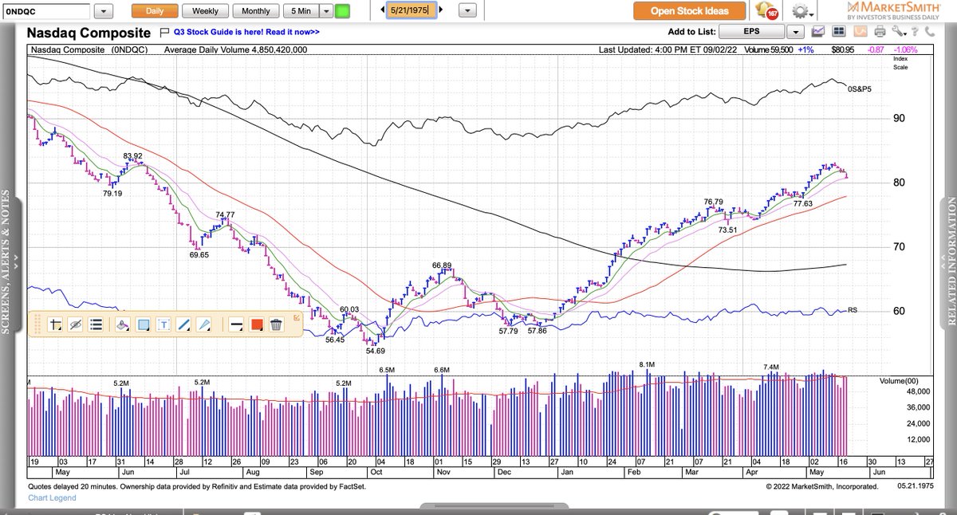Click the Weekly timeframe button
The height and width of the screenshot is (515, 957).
(x=205, y=11)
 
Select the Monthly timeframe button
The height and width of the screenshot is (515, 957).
(x=255, y=11)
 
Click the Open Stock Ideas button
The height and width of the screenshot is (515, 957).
(x=691, y=11)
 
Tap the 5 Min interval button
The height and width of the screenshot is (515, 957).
(x=301, y=11)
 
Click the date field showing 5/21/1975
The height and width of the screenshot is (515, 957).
(x=411, y=10)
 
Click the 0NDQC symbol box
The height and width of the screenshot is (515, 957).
(x=46, y=11)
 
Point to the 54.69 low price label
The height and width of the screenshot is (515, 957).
(x=376, y=351)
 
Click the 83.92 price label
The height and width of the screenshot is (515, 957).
(x=132, y=156)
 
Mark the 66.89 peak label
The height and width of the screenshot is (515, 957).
(x=442, y=265)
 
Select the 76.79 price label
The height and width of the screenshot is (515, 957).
(x=713, y=202)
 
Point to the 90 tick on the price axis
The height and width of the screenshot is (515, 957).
(x=899, y=119)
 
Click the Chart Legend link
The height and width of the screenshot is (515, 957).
(x=52, y=498)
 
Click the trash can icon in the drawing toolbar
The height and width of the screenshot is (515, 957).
(x=276, y=324)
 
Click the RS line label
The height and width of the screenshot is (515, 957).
(x=853, y=310)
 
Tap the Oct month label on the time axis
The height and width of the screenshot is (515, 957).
(x=376, y=472)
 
